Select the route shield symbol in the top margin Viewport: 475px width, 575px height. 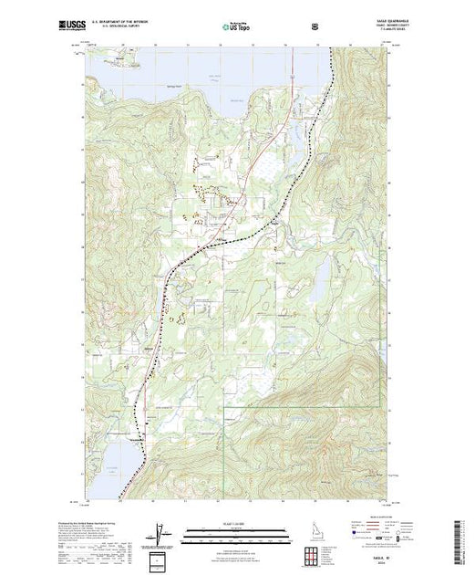315,28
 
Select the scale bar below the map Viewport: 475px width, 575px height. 235,529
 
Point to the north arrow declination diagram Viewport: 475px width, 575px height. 159,532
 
